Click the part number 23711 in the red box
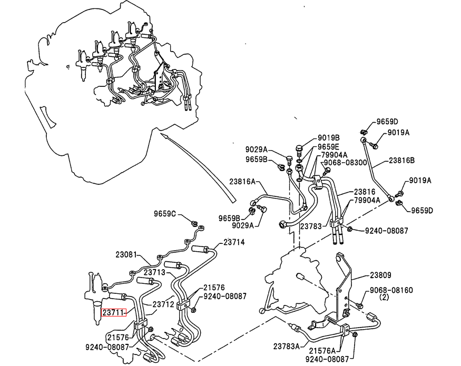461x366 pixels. tap(113, 312)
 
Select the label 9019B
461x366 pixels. tap(328, 138)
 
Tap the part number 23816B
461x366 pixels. tap(401, 161)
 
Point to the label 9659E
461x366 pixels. tap(328, 147)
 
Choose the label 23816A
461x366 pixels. tap(242, 181)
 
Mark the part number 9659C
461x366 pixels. tap(165, 214)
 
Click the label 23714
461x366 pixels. tap(234, 242)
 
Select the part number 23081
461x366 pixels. tap(126, 254)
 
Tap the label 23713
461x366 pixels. tap(155, 272)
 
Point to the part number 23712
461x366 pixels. tap(163, 304)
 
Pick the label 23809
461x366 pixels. tap(380, 275)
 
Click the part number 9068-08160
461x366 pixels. tap(391, 291)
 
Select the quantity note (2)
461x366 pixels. tap(384, 297)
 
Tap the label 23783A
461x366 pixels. tap(287, 347)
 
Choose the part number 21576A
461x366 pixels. tap(322, 351)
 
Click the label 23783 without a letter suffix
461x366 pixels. tap(310, 226)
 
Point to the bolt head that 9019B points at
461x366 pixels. tap(299, 147)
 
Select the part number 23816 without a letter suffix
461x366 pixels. tap(365, 192)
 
